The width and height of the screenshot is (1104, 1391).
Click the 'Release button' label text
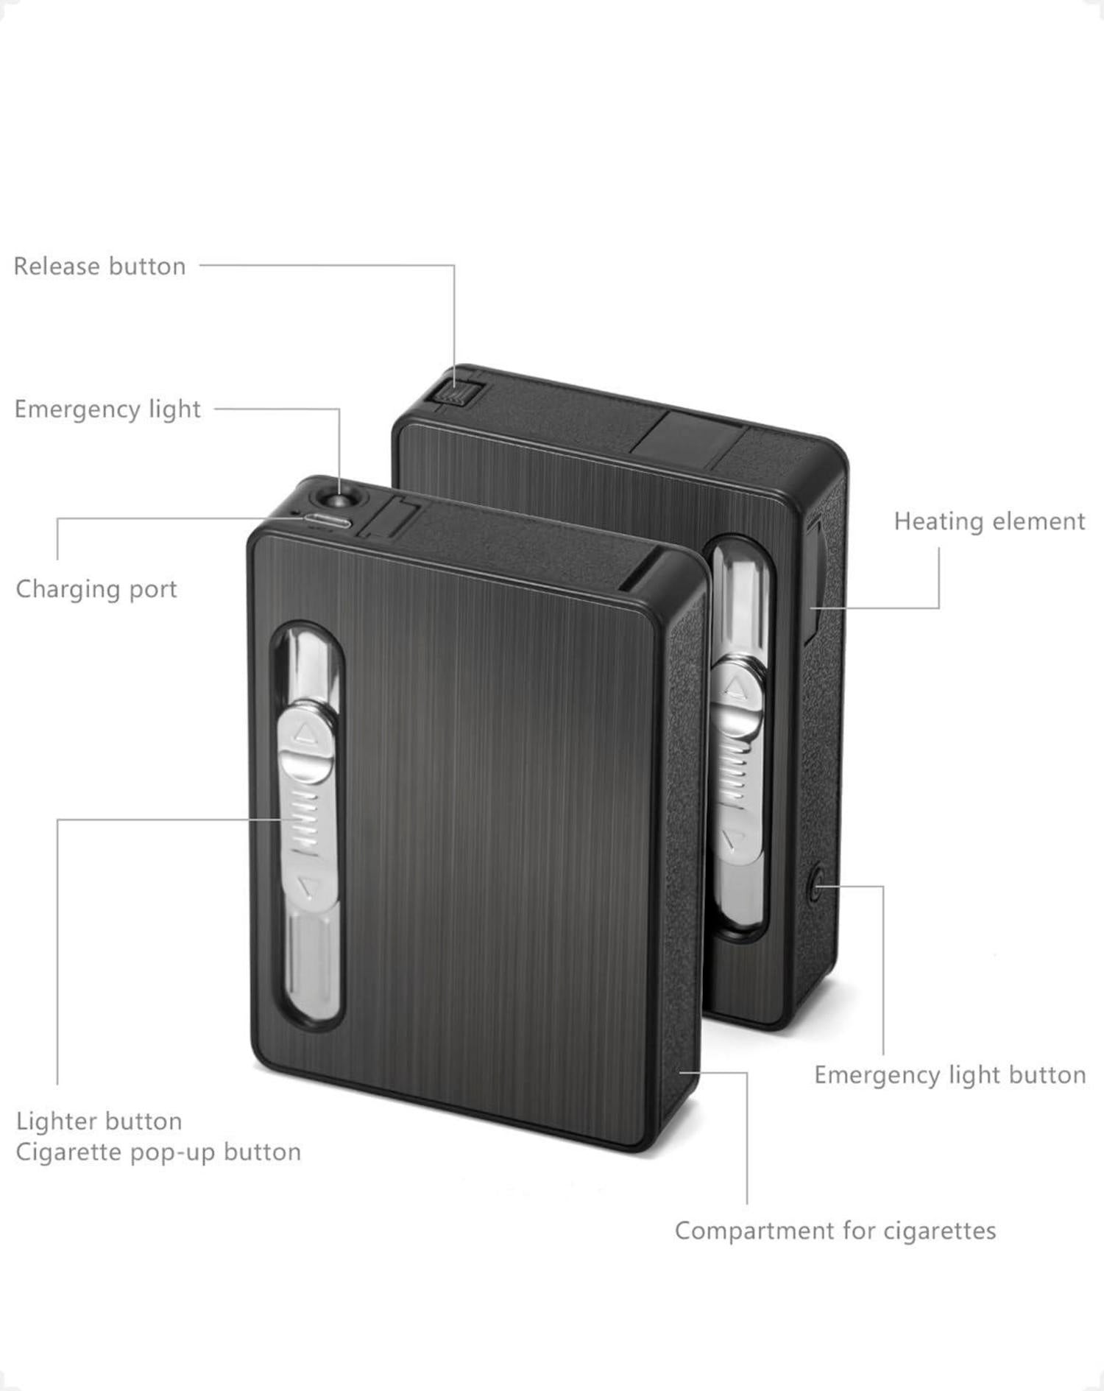coord(99,266)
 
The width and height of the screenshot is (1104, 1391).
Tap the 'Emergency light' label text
coord(107,409)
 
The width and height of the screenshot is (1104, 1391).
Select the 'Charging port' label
coord(96,589)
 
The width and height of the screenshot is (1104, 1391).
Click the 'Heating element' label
coord(989,521)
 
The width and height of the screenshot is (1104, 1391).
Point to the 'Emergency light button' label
coord(949,1075)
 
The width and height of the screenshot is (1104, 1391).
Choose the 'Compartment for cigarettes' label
coord(835,1230)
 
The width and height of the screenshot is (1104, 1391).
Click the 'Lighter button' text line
coord(99,1121)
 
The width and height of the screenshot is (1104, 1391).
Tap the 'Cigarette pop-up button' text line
coord(158,1152)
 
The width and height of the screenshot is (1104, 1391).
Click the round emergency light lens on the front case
coord(336,501)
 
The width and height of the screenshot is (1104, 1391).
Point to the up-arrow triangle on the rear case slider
coord(732,687)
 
